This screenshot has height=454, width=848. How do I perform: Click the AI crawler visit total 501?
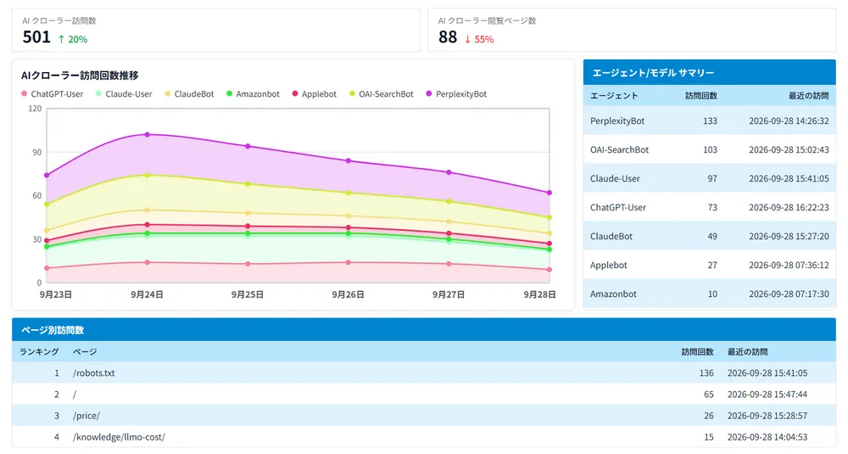click(x=36, y=37)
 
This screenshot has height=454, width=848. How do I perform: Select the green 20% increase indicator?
click(x=72, y=39)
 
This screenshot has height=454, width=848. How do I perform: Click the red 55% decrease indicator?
click(x=479, y=39)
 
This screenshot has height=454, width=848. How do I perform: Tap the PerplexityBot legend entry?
click(x=456, y=94)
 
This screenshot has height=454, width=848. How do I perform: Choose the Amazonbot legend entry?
click(x=253, y=94)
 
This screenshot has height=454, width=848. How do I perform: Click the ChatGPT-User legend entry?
click(x=52, y=94)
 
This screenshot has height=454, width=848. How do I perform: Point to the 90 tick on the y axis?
click(x=36, y=152)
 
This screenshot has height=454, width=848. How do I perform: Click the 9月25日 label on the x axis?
click(x=248, y=294)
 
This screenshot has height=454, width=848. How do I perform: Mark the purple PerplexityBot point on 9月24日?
click(x=147, y=134)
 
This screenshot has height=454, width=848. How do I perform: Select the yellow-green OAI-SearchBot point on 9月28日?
click(x=550, y=217)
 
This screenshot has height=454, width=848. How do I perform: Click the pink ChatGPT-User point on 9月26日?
click(x=349, y=262)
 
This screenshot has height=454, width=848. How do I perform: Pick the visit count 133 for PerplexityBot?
click(x=710, y=121)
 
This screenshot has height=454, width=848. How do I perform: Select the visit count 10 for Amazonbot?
click(x=713, y=294)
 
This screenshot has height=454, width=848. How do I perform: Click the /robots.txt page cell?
click(x=93, y=373)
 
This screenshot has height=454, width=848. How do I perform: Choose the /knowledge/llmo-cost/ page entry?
click(x=119, y=437)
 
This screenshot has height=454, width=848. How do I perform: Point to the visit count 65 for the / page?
click(x=708, y=395)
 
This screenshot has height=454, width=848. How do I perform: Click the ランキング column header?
click(x=39, y=351)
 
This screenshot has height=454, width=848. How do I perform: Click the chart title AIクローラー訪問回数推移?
click(x=80, y=76)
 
